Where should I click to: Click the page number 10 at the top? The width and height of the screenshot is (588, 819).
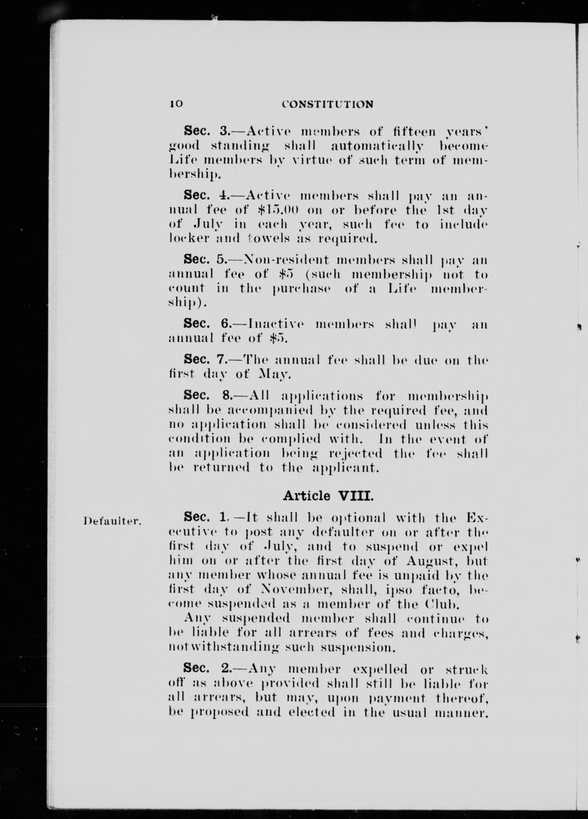pyautogui.click(x=176, y=104)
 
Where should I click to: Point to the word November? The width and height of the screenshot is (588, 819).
pyautogui.click(x=286, y=589)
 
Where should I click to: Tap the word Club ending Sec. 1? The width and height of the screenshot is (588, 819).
pyautogui.click(x=444, y=603)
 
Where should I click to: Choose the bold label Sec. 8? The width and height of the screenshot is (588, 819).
pyautogui.click(x=208, y=395)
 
